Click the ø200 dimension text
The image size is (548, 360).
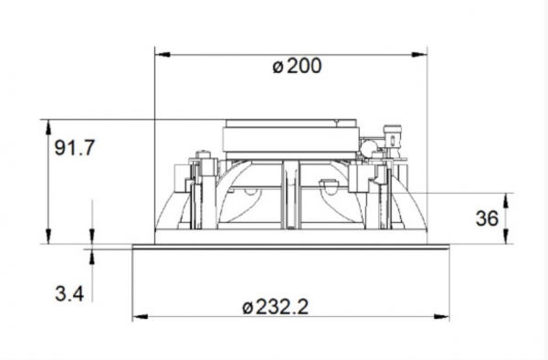[x=297, y=66]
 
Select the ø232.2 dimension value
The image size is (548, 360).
[x=276, y=307]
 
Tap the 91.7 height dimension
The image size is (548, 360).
[x=75, y=147]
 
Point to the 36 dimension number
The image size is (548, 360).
[x=487, y=218]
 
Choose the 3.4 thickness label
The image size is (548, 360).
[x=69, y=293]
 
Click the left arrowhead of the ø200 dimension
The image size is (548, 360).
[x=163, y=55]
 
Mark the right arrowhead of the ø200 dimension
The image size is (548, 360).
[x=419, y=55]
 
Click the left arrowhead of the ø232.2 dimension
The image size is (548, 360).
[x=140, y=317]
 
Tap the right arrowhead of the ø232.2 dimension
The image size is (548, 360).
[x=441, y=317]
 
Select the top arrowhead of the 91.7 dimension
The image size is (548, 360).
[x=48, y=128]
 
